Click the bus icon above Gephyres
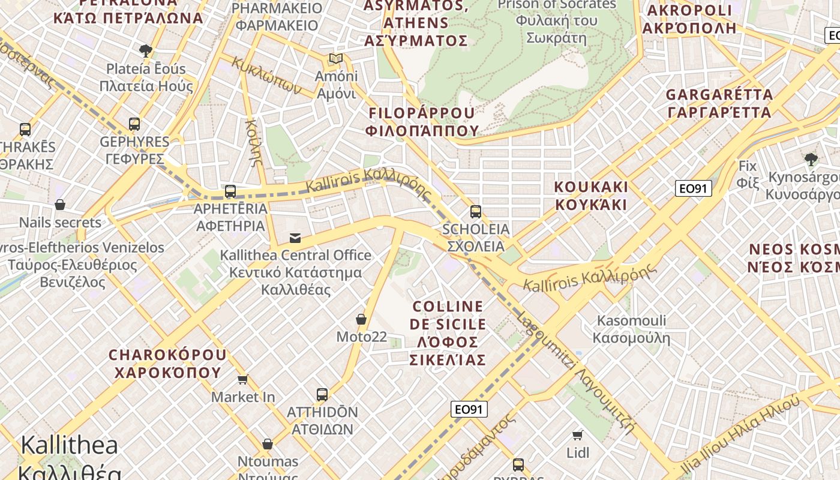134,124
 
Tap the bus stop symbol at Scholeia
476,211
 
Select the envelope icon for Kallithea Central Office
295,238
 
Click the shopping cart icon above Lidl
577,435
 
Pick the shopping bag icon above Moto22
361,319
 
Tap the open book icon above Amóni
336,59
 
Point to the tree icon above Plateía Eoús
145,50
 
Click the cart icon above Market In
243,379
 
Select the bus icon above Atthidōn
322,394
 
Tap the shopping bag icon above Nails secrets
60,205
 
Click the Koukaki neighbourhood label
591,196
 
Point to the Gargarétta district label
719,103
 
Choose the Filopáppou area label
423,121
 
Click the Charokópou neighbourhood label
168,364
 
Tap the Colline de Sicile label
448,333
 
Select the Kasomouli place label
631,329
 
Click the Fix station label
748,173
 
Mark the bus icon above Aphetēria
230,191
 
